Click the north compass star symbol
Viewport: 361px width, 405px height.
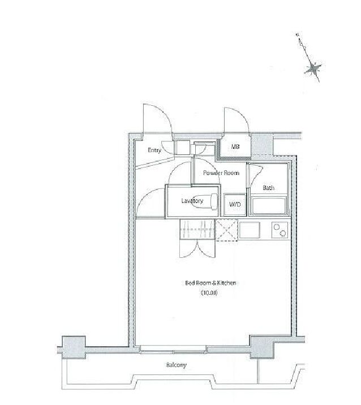tap(313, 70)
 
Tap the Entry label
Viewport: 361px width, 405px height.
tap(154, 150)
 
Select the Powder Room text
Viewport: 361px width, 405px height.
tap(221, 173)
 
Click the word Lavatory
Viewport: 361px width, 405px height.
tap(192, 201)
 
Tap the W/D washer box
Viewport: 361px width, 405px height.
tap(234, 205)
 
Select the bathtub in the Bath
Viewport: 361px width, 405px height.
tap(268, 206)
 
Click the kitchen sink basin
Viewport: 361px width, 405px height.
tap(249, 230)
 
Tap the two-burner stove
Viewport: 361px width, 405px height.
tap(278, 230)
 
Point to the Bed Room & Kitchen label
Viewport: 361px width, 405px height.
tap(210, 283)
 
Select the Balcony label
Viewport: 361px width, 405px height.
tap(176, 365)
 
